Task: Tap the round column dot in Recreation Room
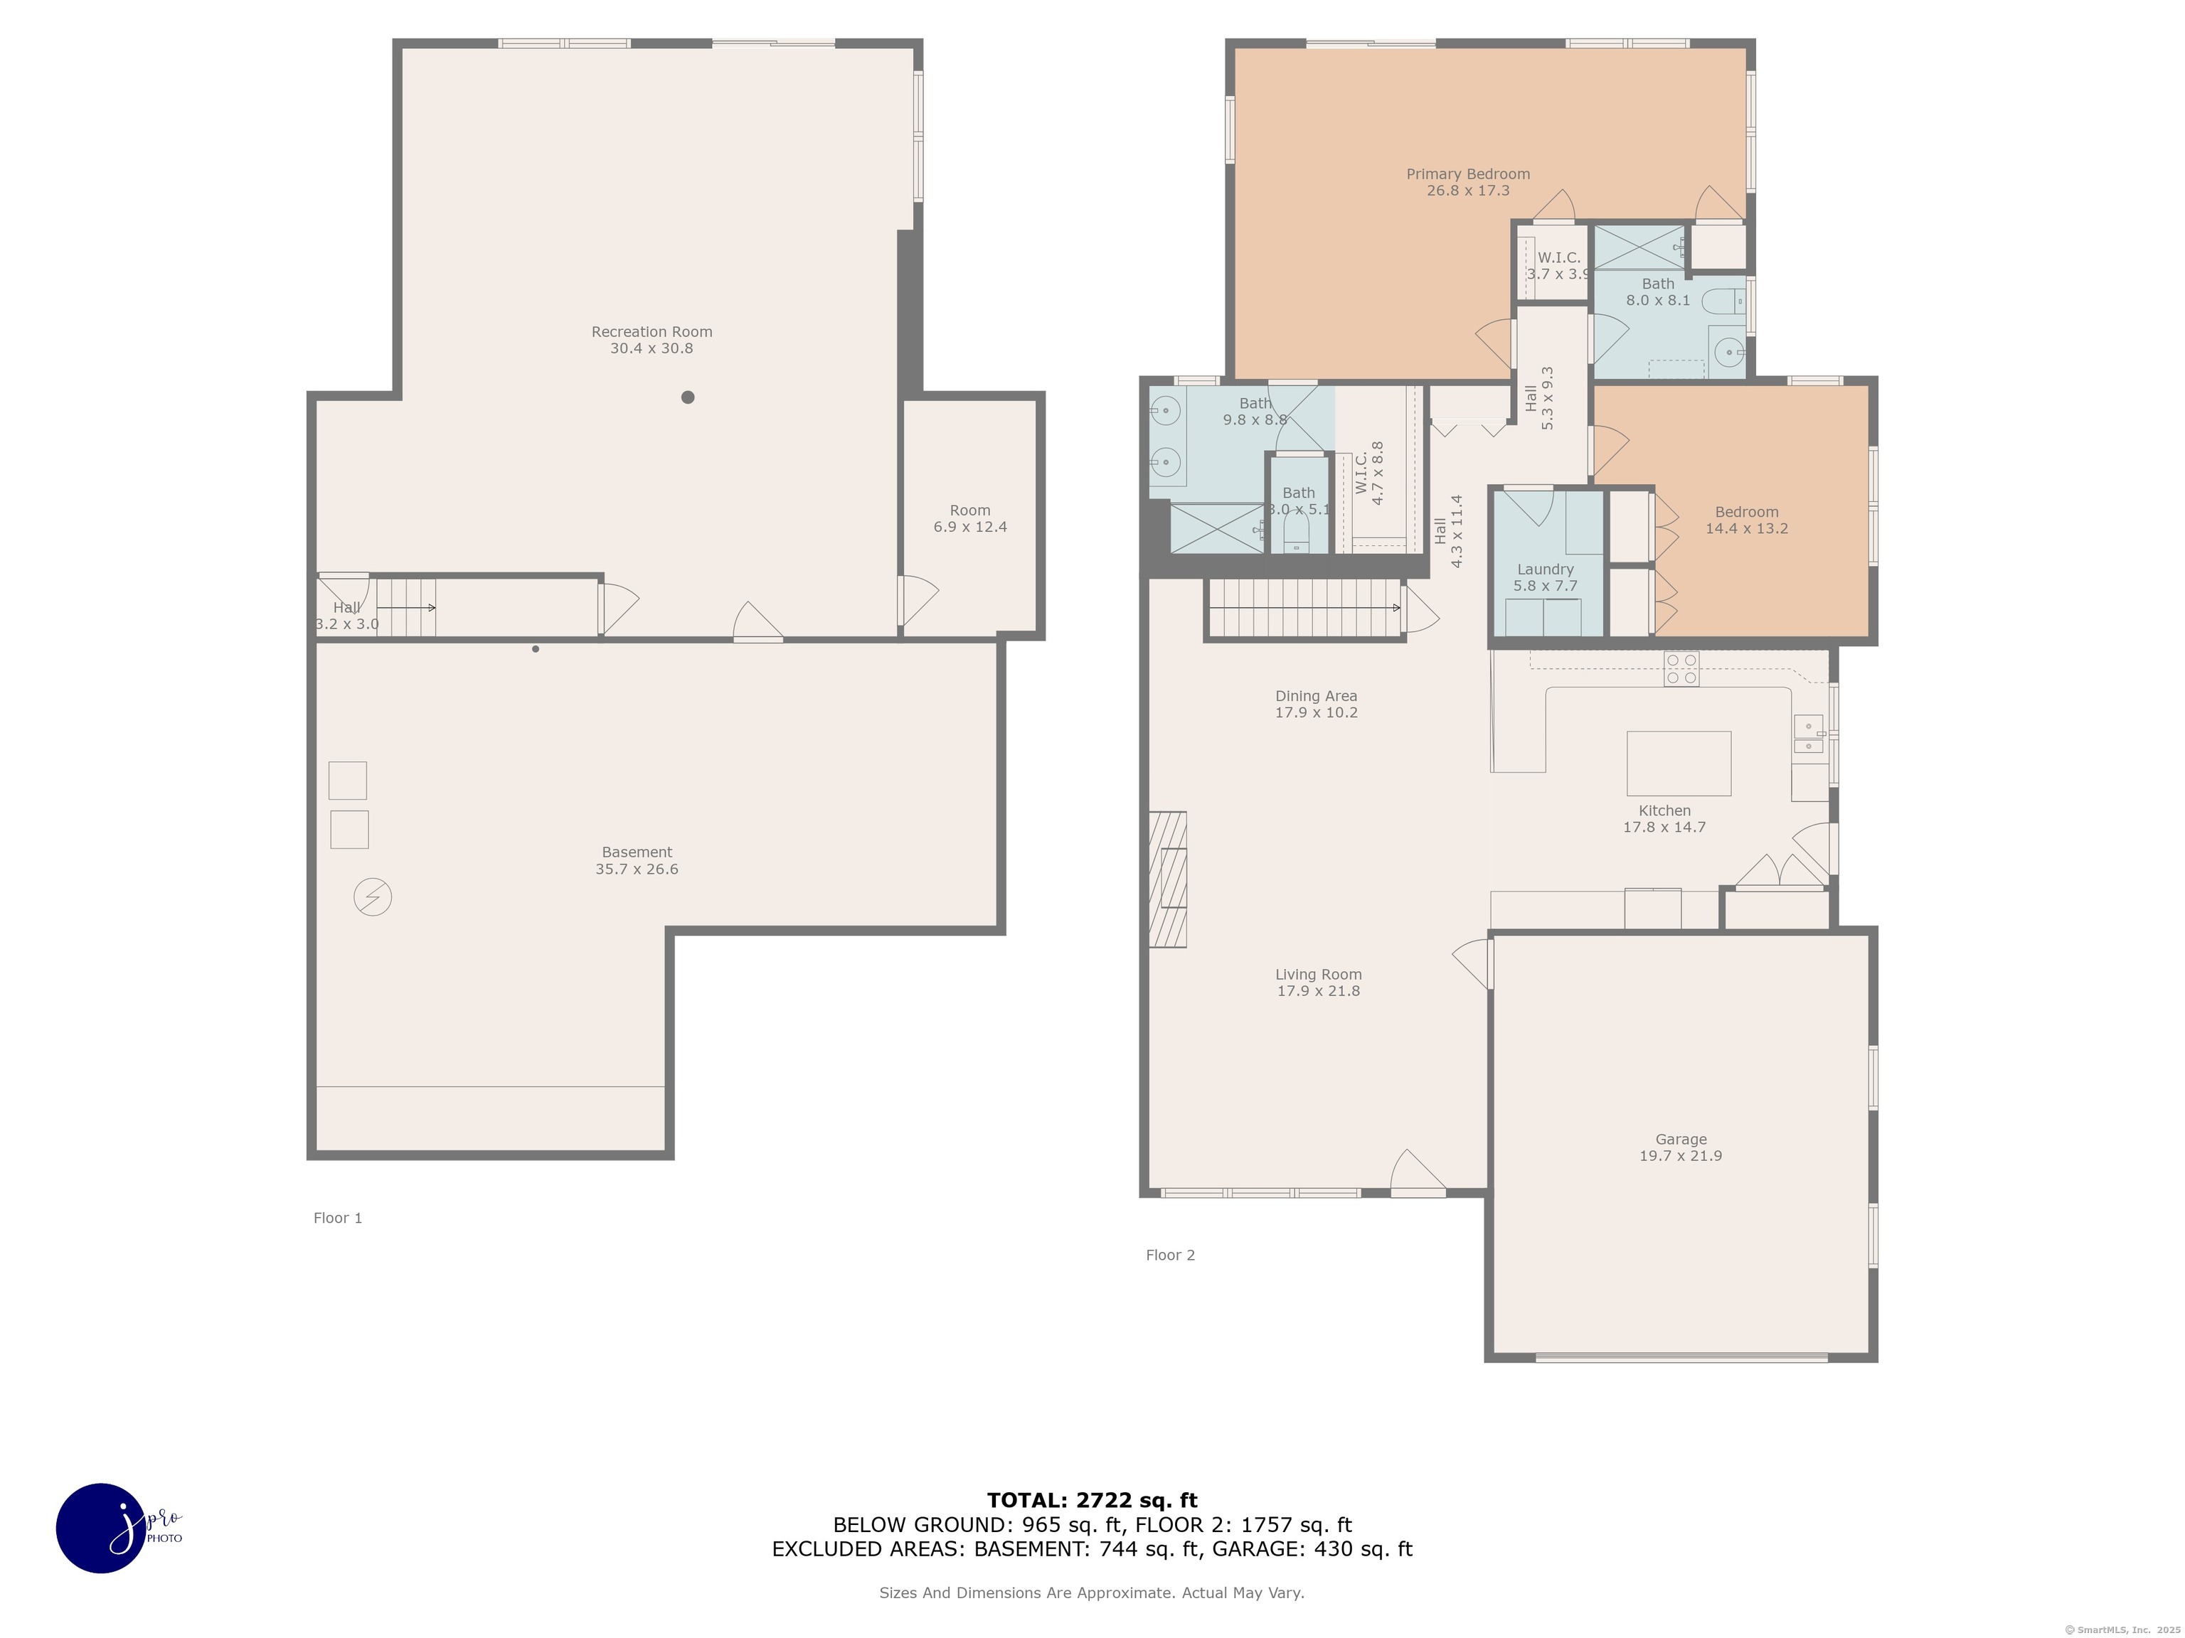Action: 688,397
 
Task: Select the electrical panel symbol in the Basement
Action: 373,896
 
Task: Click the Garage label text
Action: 1680,1140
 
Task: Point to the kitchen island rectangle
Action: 1679,764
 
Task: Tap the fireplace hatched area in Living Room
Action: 1168,879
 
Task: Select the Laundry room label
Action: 1545,569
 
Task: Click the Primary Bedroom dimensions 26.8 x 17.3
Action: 1468,191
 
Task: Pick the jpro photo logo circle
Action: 102,1527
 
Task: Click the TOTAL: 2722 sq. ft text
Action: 1092,1501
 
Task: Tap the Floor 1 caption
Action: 338,1217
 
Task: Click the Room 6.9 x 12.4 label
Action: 970,518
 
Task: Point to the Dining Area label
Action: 1316,696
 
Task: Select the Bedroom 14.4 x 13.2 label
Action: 1746,520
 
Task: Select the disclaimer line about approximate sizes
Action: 1092,1592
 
